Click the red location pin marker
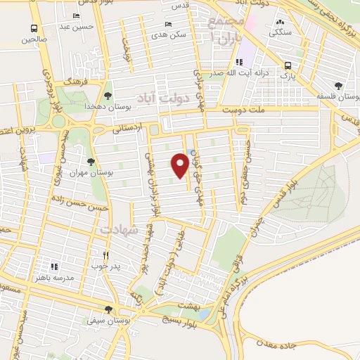[180, 165]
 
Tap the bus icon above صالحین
[34, 28]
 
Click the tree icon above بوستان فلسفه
[339, 86]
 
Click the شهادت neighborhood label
[117, 230]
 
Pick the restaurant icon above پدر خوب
[107, 255]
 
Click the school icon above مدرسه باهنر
[54, 267]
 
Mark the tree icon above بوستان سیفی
[108, 309]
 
